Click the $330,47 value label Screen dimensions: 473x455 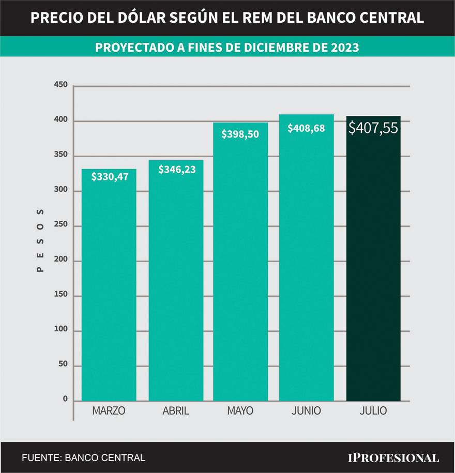pyautogui.click(x=109, y=177)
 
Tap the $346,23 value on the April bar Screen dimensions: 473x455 pyautogui.click(x=176, y=169)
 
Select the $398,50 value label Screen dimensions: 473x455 pyautogui.click(x=240, y=134)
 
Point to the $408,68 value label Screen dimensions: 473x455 pyautogui.click(x=306, y=128)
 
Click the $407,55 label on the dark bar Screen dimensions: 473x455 pyautogui.click(x=373, y=128)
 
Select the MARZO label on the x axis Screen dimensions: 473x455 pyautogui.click(x=109, y=411)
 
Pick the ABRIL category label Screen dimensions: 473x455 pyautogui.click(x=176, y=411)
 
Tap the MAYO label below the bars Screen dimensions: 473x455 pyautogui.click(x=240, y=411)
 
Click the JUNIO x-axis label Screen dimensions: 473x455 pyautogui.click(x=306, y=411)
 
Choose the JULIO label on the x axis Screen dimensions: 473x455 pyautogui.click(x=373, y=411)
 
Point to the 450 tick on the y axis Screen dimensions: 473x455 pyautogui.click(x=60, y=85)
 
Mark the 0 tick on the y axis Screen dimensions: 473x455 pyautogui.click(x=65, y=399)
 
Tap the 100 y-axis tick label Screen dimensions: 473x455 pyautogui.click(x=60, y=330)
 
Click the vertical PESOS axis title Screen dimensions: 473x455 pyautogui.click(x=40, y=240)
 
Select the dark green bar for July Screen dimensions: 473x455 pyautogui.click(x=373, y=269)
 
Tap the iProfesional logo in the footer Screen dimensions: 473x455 pyautogui.click(x=392, y=457)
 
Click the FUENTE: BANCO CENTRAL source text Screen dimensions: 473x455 pyautogui.click(x=83, y=457)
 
